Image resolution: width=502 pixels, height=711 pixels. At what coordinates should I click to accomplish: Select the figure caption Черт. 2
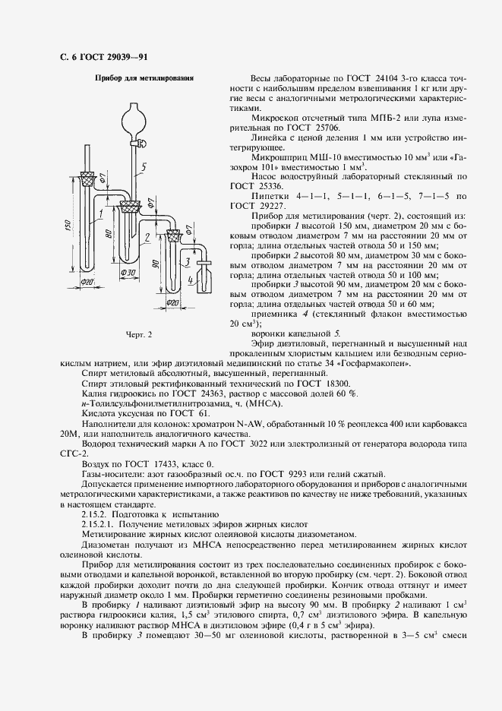pos(139,333)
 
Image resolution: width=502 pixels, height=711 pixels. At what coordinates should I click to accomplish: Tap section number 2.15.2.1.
pos(100,524)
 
